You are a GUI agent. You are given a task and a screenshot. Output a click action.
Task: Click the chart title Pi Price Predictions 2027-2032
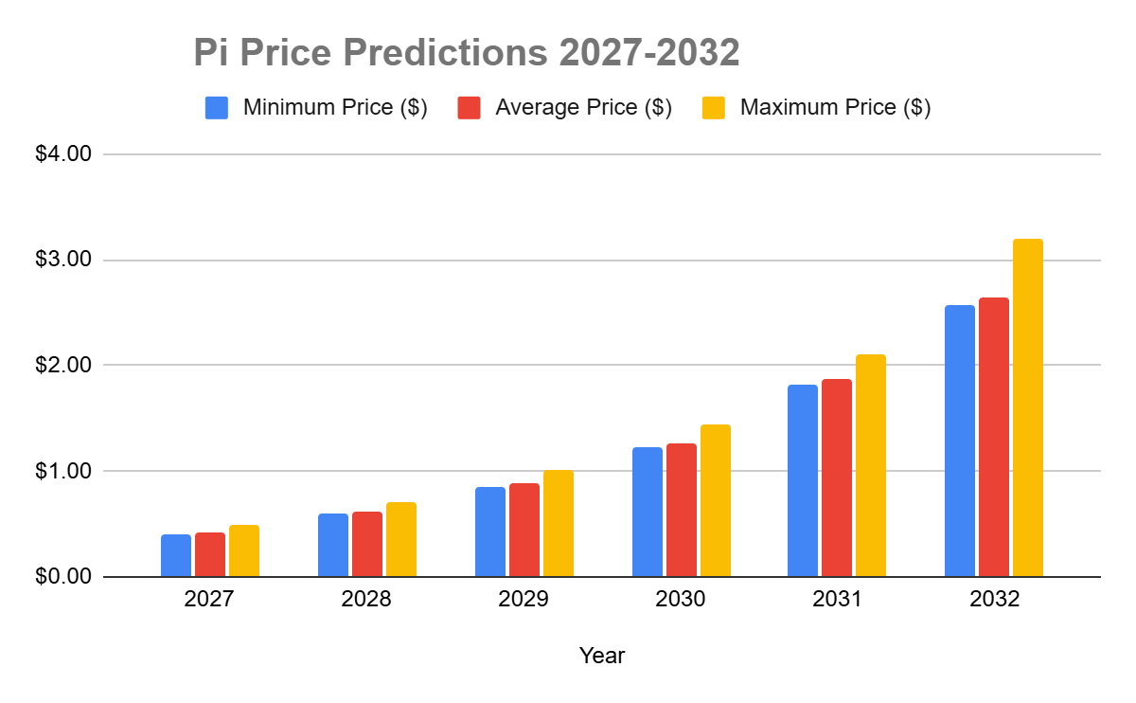tap(466, 54)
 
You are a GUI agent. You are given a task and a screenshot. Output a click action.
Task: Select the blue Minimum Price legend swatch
tap(217, 107)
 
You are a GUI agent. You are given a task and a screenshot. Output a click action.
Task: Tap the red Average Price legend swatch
tap(469, 107)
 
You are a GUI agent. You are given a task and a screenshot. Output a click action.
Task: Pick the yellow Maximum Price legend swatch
tap(714, 107)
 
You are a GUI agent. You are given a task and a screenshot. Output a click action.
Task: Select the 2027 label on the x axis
tap(209, 601)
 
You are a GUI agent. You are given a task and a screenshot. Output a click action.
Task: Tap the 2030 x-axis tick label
tap(681, 601)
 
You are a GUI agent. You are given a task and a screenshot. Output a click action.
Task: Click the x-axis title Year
tap(602, 655)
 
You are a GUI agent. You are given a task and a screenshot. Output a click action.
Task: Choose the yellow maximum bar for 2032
tap(1027, 407)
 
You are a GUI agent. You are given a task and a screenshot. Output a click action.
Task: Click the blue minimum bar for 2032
tap(959, 441)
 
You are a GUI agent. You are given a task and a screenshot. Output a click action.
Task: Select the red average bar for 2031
tap(837, 478)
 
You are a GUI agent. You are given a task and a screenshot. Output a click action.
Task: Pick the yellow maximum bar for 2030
tap(715, 500)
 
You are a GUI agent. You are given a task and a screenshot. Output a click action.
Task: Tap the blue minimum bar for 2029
tap(490, 532)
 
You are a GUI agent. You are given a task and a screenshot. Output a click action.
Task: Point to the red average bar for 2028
tap(367, 544)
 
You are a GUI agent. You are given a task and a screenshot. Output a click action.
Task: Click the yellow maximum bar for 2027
tap(244, 550)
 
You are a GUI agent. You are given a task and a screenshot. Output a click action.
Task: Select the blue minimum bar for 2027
tap(176, 555)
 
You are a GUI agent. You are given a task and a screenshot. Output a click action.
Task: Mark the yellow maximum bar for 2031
tap(871, 465)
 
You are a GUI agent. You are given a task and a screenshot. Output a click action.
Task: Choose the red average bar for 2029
tap(524, 530)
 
